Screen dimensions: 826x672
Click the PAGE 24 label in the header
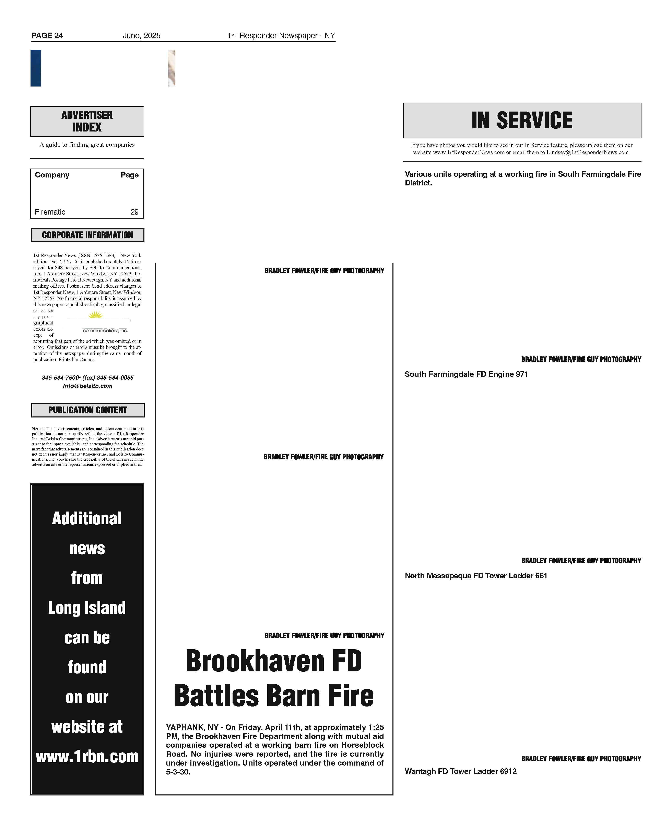(x=47, y=36)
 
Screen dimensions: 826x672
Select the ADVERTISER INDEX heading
(x=87, y=121)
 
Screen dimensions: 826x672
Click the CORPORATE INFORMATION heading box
(x=87, y=235)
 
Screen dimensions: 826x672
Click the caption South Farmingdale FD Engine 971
(x=466, y=374)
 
